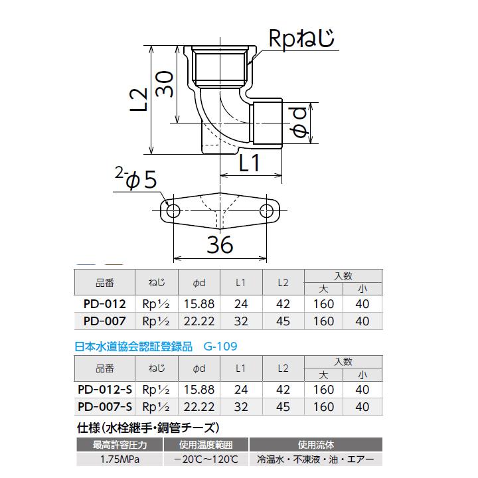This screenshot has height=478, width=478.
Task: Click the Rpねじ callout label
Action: pyautogui.click(x=301, y=40)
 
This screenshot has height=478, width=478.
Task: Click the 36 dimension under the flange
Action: pyautogui.click(x=220, y=244)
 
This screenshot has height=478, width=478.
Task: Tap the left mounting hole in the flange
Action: pyautogui.click(x=173, y=212)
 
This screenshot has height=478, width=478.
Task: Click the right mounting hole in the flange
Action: pyautogui.click(x=266, y=212)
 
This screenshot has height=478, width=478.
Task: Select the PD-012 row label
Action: pyautogui.click(x=105, y=303)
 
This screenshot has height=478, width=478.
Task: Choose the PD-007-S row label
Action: pyautogui.click(x=105, y=406)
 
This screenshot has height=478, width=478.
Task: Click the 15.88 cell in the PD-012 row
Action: pyautogui.click(x=199, y=303)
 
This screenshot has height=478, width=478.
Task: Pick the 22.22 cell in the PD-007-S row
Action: pyautogui.click(x=199, y=406)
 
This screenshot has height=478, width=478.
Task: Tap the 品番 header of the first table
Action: pyautogui.click(x=105, y=281)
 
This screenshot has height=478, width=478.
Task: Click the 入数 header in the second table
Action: pyautogui.click(x=343, y=361)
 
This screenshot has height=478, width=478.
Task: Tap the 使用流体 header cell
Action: pyautogui.click(x=315, y=444)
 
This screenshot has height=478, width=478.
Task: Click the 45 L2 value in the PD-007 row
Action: pyautogui.click(x=283, y=321)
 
